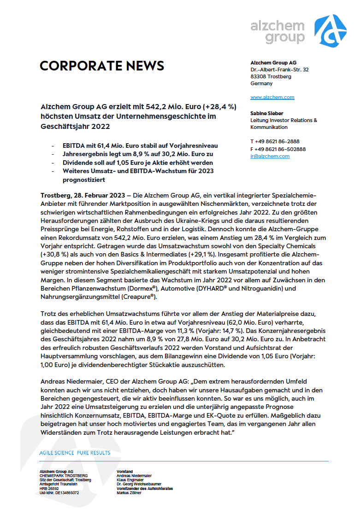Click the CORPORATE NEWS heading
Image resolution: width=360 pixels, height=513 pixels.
coord(102,66)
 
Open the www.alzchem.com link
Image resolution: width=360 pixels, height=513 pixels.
coord(272,97)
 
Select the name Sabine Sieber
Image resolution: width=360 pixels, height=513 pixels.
coord(266,113)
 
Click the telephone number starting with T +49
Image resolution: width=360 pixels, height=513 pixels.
coord(275,141)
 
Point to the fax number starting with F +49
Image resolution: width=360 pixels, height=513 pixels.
coord(278,149)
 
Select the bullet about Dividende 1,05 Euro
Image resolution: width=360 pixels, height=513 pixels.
coord(138,163)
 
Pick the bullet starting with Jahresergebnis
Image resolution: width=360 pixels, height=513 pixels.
coord(138,154)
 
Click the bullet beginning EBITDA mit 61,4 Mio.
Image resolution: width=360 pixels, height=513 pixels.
coord(140,145)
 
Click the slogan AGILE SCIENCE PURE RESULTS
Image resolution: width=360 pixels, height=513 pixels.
coord(75,453)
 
